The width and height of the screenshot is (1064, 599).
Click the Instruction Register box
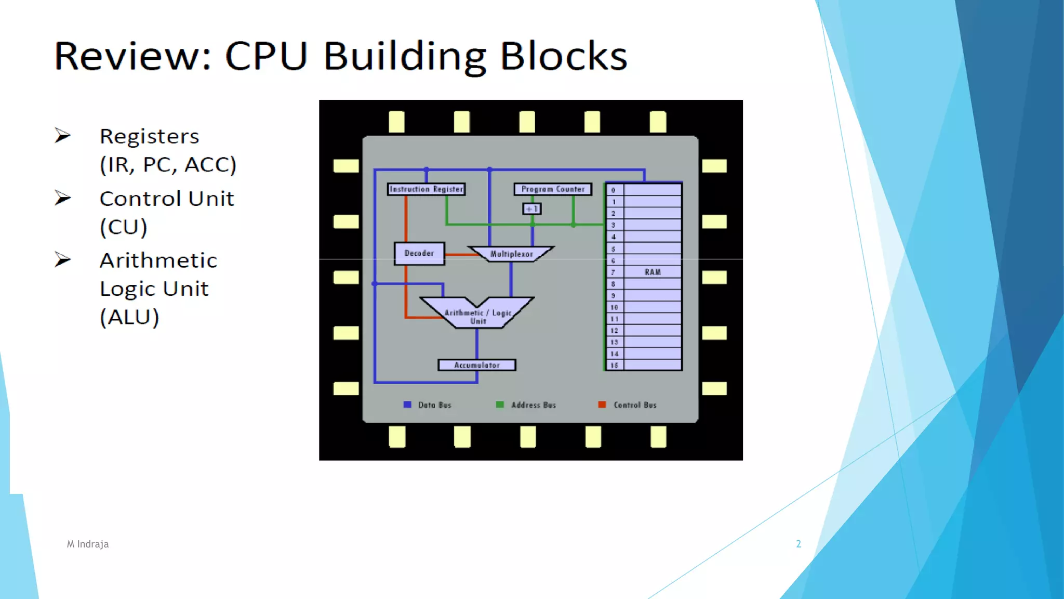[x=426, y=189]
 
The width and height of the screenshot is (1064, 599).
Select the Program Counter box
[x=553, y=189]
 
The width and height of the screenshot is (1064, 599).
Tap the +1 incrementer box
[x=531, y=209]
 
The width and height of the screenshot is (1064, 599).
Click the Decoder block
[x=419, y=254]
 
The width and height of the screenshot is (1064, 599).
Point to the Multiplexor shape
[x=511, y=254]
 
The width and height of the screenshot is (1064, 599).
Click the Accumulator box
[x=477, y=365]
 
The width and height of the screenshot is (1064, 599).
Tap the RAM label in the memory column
[x=653, y=272]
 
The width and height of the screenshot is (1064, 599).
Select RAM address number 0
[x=614, y=190]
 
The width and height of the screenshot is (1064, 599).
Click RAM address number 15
[x=614, y=365]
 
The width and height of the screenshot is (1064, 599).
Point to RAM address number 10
[x=614, y=307]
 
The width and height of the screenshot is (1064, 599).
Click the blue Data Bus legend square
[x=407, y=405]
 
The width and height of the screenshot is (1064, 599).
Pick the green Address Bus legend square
[x=500, y=405]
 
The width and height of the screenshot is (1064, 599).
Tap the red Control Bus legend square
[x=602, y=405]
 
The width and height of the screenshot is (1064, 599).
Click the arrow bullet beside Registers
[x=63, y=136]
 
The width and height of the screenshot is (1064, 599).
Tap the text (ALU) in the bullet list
[x=129, y=317]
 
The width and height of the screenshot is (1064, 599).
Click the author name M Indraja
[x=88, y=544]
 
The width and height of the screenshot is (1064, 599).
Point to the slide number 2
[x=799, y=544]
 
